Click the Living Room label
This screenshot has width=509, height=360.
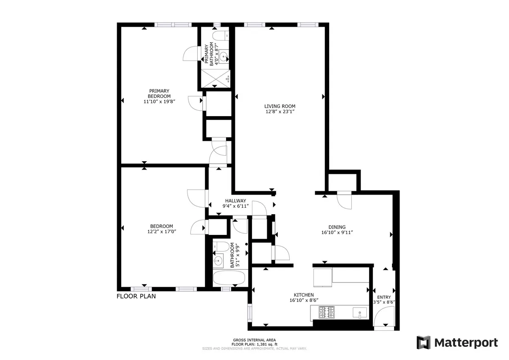pyautogui.click(x=280, y=106)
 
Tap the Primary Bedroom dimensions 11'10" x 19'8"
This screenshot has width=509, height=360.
pyautogui.click(x=159, y=101)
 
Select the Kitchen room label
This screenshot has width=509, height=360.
pyautogui.click(x=304, y=295)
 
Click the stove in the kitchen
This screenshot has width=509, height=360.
pyautogui.click(x=327, y=313)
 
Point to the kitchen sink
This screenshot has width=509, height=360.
pyautogui.click(x=360, y=313)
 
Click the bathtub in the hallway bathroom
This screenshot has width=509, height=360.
pyautogui.click(x=229, y=278)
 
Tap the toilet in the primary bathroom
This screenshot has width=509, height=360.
pyautogui.click(x=220, y=35)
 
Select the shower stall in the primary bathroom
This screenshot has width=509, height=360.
pyautogui.click(x=215, y=78)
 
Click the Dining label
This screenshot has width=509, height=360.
pyautogui.click(x=337, y=227)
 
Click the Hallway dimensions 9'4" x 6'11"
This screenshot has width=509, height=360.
pyautogui.click(x=235, y=206)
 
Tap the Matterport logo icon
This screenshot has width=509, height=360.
pyautogui.click(x=423, y=342)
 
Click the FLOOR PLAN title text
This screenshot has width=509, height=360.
pyautogui.click(x=136, y=296)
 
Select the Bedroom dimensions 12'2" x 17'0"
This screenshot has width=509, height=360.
pyautogui.click(x=162, y=232)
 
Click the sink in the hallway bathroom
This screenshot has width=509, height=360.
pyautogui.click(x=218, y=260)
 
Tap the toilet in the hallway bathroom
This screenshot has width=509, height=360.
pyautogui.click(x=218, y=246)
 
